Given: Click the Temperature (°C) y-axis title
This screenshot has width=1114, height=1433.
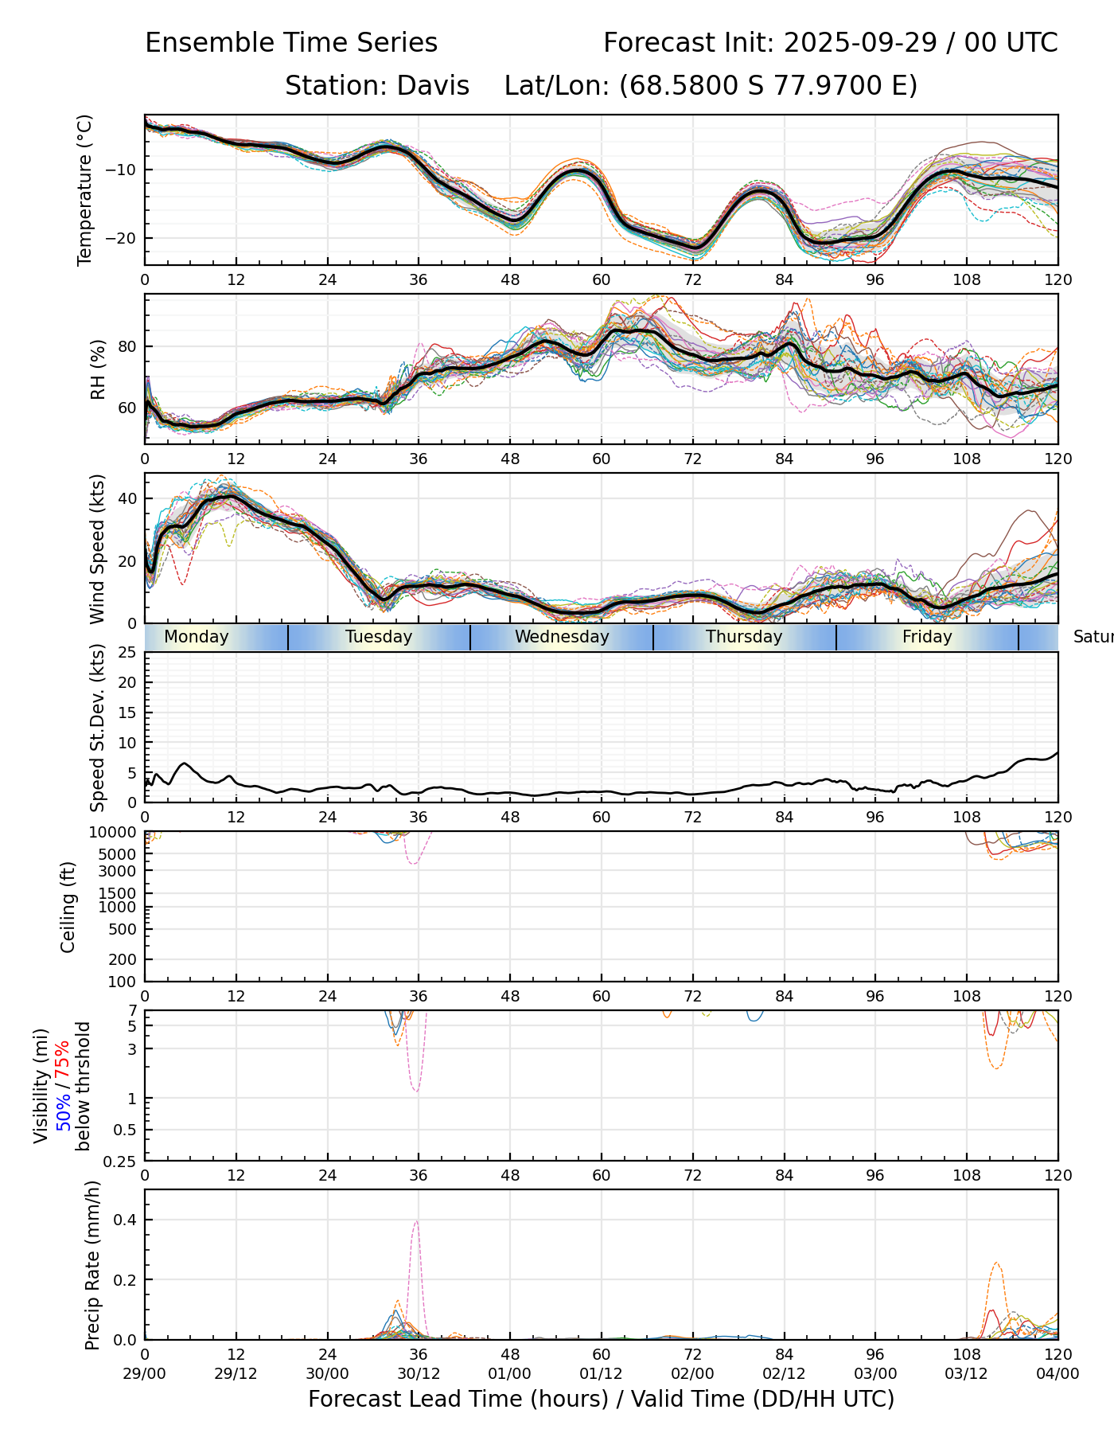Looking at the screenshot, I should pyautogui.click(x=85, y=189).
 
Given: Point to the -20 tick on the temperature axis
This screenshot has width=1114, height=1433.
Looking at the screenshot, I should pyautogui.click(x=127, y=238).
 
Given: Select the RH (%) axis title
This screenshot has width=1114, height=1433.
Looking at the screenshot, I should pyautogui.click(x=98, y=369).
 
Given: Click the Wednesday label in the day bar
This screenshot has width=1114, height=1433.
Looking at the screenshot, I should pyautogui.click(x=562, y=637).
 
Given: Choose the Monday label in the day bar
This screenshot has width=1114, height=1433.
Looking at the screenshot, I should pyautogui.click(x=196, y=637).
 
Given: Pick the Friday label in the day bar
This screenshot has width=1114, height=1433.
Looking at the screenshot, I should pyautogui.click(x=927, y=637).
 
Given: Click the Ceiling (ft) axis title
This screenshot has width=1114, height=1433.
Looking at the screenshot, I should pyautogui.click(x=68, y=907).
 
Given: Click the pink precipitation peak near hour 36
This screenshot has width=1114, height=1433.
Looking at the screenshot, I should pyautogui.click(x=416, y=1221).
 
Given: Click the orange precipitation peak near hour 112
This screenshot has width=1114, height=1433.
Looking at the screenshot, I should pyautogui.click(x=996, y=1263).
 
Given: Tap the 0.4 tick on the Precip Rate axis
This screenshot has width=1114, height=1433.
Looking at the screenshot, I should pyautogui.click(x=127, y=1220).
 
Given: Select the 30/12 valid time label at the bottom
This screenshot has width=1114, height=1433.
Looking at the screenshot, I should pyautogui.click(x=419, y=1373).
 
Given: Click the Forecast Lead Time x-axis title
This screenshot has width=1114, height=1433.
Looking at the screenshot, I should pyautogui.click(x=601, y=1399).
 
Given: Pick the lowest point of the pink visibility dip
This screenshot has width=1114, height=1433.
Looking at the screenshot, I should pyautogui.click(x=417, y=1091).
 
